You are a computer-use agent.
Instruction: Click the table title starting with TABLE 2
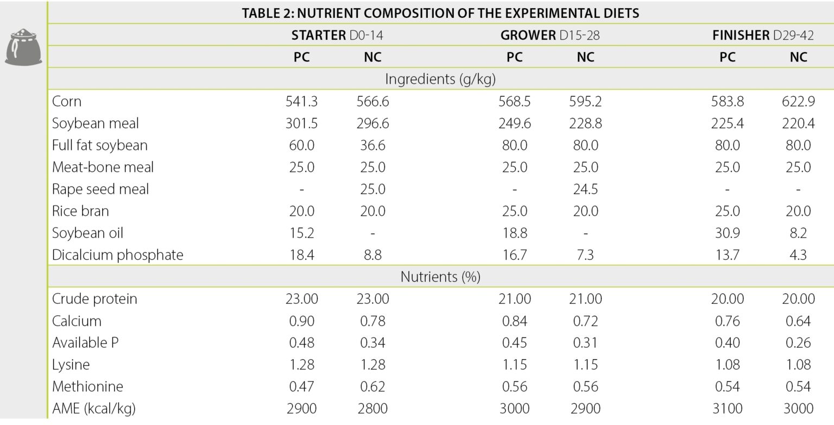tap(440, 14)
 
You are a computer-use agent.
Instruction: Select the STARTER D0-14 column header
tap(340, 36)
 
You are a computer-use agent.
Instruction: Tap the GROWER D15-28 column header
tap(549, 36)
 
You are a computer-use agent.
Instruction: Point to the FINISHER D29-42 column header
tap(763, 36)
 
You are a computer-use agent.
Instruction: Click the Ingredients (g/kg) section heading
tap(440, 79)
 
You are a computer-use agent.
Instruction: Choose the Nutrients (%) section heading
tap(440, 277)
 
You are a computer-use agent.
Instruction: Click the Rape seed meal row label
tap(100, 189)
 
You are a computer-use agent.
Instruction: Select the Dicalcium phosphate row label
tap(117, 255)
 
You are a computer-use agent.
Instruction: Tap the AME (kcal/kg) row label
tap(93, 408)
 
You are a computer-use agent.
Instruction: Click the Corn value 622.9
tap(798, 102)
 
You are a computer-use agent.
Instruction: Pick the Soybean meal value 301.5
tap(301, 123)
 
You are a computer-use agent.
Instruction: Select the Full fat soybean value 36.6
tap(372, 146)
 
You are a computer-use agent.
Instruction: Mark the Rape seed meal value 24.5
tap(585, 189)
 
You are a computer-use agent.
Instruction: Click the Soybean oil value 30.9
tap(727, 233)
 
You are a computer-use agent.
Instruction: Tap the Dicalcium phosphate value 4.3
tap(798, 255)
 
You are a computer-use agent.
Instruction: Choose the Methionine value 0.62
tap(372, 386)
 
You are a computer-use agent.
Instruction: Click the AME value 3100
tap(727, 408)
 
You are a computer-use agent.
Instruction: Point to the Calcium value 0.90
tap(301, 321)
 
